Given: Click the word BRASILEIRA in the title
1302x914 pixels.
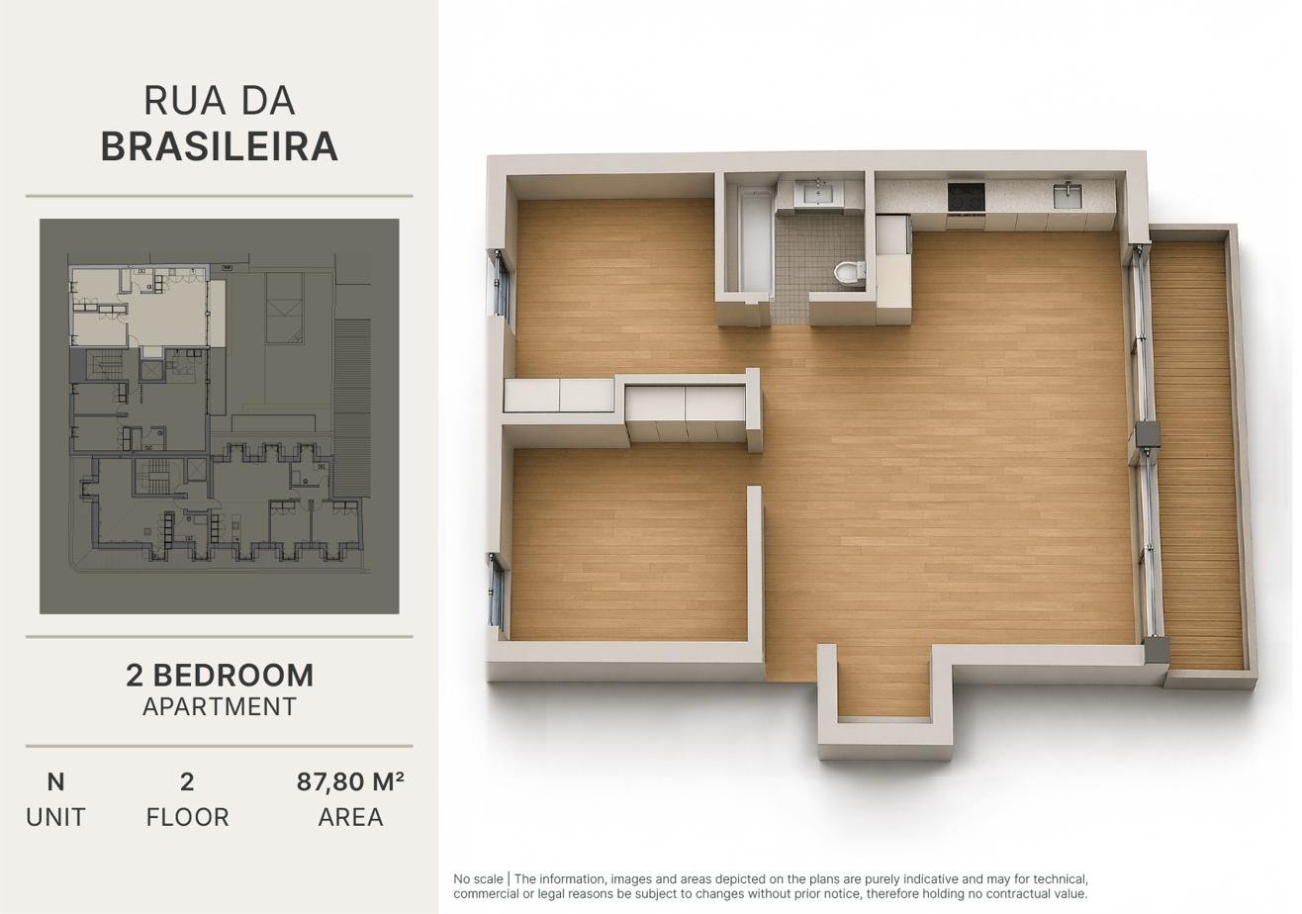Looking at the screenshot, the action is click(219, 145).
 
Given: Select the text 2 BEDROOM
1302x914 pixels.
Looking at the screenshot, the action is click(220, 676).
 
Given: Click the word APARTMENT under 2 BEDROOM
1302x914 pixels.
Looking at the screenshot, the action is click(220, 706).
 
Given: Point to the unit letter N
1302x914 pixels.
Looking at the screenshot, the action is click(55, 782).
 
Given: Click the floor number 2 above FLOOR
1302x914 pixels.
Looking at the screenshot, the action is click(187, 782).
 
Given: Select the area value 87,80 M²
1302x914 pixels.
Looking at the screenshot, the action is click(350, 781).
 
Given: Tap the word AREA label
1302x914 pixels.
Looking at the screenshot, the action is click(350, 817).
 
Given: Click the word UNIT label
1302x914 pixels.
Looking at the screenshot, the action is click(55, 817).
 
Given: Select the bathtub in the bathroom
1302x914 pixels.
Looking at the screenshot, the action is click(755, 238).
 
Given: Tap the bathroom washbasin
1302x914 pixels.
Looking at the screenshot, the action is click(819, 192).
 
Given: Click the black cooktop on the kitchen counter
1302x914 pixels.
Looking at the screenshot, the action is click(966, 198).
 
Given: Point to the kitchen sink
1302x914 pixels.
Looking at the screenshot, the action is click(1069, 195).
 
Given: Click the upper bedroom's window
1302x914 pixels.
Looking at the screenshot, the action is click(501, 283).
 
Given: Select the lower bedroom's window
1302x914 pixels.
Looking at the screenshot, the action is click(497, 591).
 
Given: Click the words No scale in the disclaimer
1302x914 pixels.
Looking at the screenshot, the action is click(478, 879).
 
